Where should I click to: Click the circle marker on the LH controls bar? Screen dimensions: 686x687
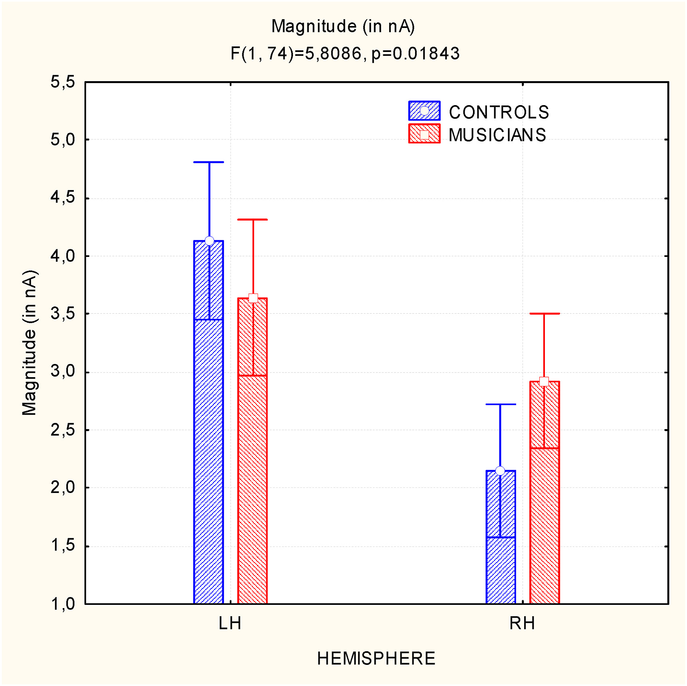click(x=209, y=241)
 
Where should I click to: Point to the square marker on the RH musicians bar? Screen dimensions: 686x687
click(x=544, y=382)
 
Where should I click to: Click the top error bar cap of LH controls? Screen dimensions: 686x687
click(x=209, y=162)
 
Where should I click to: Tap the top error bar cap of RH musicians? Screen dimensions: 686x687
click(x=544, y=314)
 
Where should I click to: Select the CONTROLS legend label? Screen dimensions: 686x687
click(x=499, y=112)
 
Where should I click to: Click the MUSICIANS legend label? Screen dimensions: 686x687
click(x=497, y=135)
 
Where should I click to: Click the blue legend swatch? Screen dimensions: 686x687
click(x=424, y=111)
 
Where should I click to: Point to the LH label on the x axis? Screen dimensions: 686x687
click(x=230, y=624)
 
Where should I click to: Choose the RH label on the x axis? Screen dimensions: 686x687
click(x=522, y=624)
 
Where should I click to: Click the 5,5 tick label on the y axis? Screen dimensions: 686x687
click(x=63, y=82)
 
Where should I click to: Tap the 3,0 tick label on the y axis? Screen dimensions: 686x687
click(x=63, y=371)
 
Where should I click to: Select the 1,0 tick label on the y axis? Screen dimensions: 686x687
click(x=63, y=604)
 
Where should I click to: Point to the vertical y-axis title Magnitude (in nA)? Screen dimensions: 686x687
click(x=30, y=343)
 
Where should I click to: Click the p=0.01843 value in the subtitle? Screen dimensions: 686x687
click(x=416, y=54)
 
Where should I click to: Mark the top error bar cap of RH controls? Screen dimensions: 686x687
click(x=501, y=404)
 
